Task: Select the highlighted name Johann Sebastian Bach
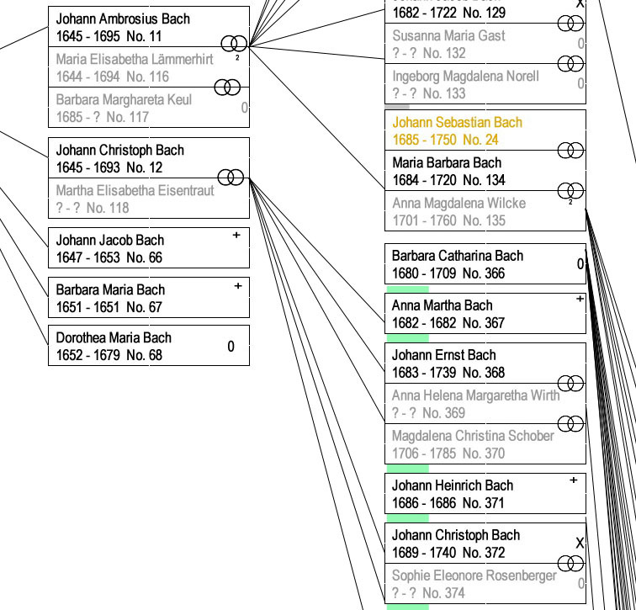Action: [457, 122]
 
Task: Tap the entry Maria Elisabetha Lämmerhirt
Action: [135, 60]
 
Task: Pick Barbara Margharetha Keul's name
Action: [124, 99]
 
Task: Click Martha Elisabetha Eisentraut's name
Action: [135, 190]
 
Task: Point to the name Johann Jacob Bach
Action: [110, 240]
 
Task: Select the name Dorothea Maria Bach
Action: [114, 337]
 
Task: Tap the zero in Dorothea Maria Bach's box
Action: [231, 346]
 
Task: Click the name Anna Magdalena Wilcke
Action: [458, 203]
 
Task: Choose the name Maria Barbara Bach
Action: [447, 162]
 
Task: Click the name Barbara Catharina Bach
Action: [458, 255]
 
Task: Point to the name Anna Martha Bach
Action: [443, 305]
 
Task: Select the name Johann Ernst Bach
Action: [444, 354]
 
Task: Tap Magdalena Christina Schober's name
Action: [473, 435]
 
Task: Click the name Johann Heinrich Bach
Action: [453, 485]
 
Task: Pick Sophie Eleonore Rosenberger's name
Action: [474, 576]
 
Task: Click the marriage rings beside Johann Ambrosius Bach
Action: [234, 44]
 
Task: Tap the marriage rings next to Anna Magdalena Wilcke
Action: [570, 190]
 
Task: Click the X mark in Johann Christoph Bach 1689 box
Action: [580, 544]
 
